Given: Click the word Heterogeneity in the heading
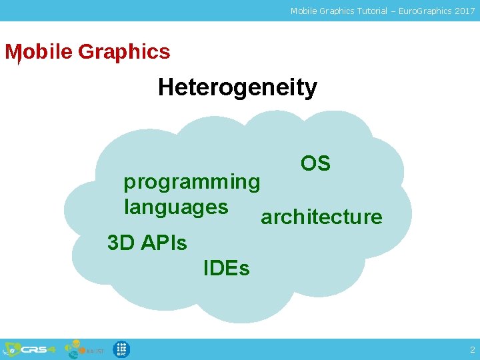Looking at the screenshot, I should coord(237,87).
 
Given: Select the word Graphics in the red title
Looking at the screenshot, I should coord(124,52).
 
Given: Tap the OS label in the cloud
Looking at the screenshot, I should coord(315,163).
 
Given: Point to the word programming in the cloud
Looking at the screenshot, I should coord(192,181).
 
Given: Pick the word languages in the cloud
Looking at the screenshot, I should coord(176,207).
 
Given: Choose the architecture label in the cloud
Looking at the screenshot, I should coord(321,217).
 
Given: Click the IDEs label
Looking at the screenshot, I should coord(226,269).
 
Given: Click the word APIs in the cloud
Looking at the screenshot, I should coord(163,243).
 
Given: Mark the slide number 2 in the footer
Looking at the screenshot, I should coord(472,349).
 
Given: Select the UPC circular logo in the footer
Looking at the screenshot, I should coord(121,349).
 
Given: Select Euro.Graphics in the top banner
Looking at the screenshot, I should coord(419,11).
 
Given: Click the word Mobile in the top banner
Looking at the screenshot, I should coord(303,11).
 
